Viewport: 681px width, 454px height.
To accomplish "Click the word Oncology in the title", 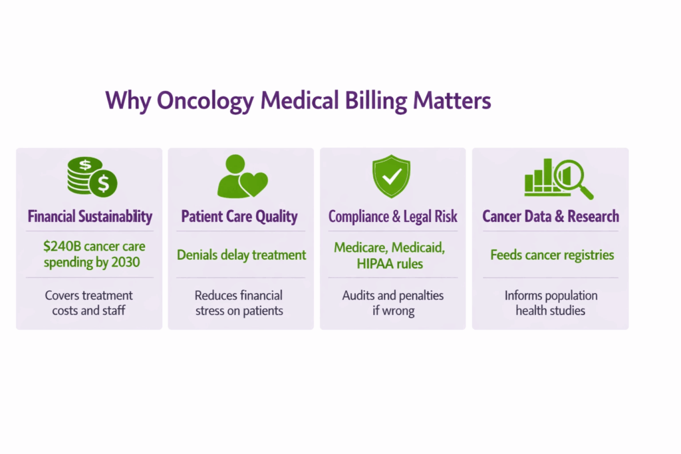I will [205, 101].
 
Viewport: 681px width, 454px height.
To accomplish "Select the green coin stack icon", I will [92, 176].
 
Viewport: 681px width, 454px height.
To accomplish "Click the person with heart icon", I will [241, 177].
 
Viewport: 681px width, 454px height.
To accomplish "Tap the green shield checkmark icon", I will [392, 175].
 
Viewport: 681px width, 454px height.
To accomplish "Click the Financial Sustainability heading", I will [90, 216].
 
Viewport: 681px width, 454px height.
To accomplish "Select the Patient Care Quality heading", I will [239, 216].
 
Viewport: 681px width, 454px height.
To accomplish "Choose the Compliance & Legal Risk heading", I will [393, 216].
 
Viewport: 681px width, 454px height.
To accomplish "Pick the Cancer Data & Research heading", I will [551, 216].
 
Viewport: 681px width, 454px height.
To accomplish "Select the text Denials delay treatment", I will [241, 255].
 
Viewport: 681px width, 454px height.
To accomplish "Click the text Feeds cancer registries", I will [552, 255].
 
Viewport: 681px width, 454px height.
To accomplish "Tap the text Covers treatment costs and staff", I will [89, 303].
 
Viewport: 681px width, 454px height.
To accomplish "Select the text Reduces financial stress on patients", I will [239, 303].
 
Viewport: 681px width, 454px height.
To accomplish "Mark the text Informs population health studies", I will [551, 303].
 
